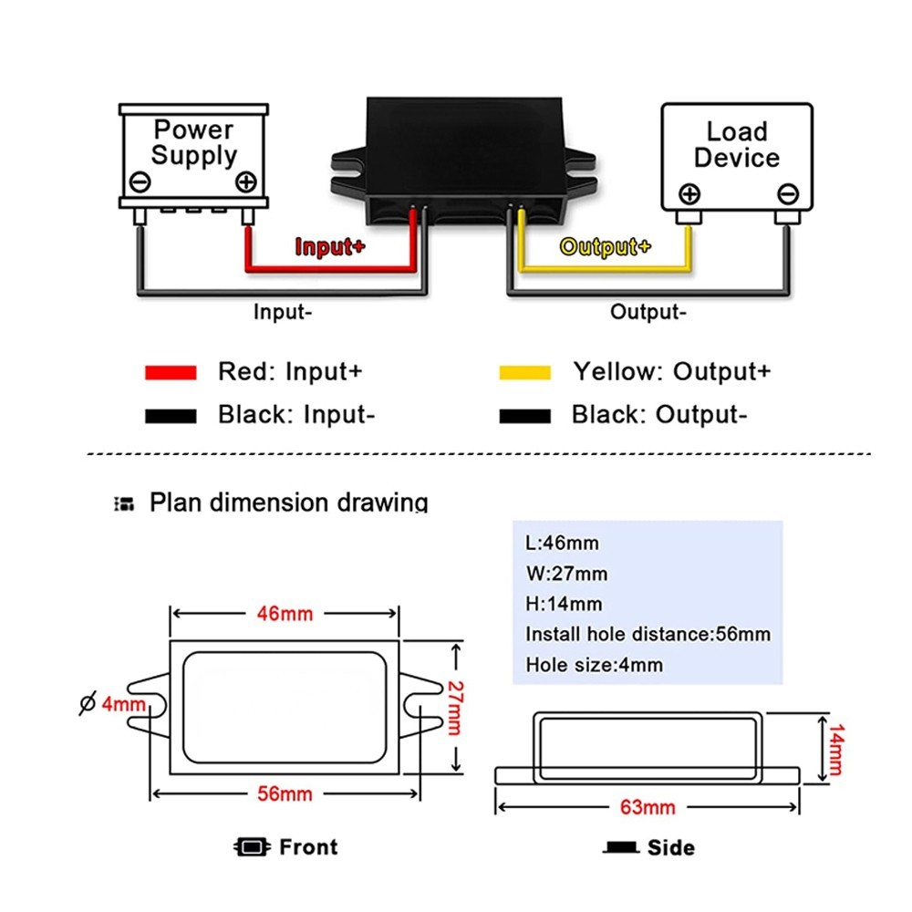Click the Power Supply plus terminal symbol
coord(245,181)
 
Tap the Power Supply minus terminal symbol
coord(141,181)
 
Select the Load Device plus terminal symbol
coord(689,193)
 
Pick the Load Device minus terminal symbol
coord(789,193)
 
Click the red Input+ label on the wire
coord(329,246)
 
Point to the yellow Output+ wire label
coord(606,246)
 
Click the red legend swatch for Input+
coord(171,372)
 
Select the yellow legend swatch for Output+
coord(524,372)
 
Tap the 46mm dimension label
coord(284,614)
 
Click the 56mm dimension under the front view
coord(284,793)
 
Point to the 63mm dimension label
coord(648,806)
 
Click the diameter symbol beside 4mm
coord(88,703)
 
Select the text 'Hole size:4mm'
coord(594,665)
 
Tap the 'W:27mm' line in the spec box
coord(566,574)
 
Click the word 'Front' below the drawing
coord(308,847)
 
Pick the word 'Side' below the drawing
coord(670,848)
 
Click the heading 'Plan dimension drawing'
coord(288,503)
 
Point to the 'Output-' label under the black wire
coord(648,312)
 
